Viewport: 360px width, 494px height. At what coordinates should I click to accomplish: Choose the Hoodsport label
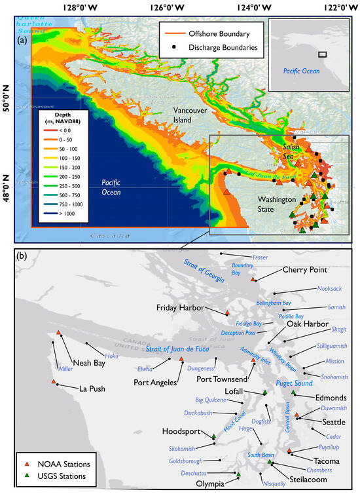(181, 432)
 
